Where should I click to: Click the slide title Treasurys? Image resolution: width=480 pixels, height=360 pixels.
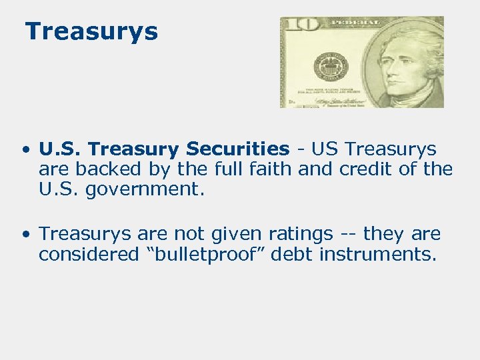tap(91, 31)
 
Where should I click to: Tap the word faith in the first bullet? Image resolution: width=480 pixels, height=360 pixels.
tap(269, 169)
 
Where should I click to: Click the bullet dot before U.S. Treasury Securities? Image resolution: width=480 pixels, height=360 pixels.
tap(25, 149)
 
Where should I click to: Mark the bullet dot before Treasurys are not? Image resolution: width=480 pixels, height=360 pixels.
tap(25, 235)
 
